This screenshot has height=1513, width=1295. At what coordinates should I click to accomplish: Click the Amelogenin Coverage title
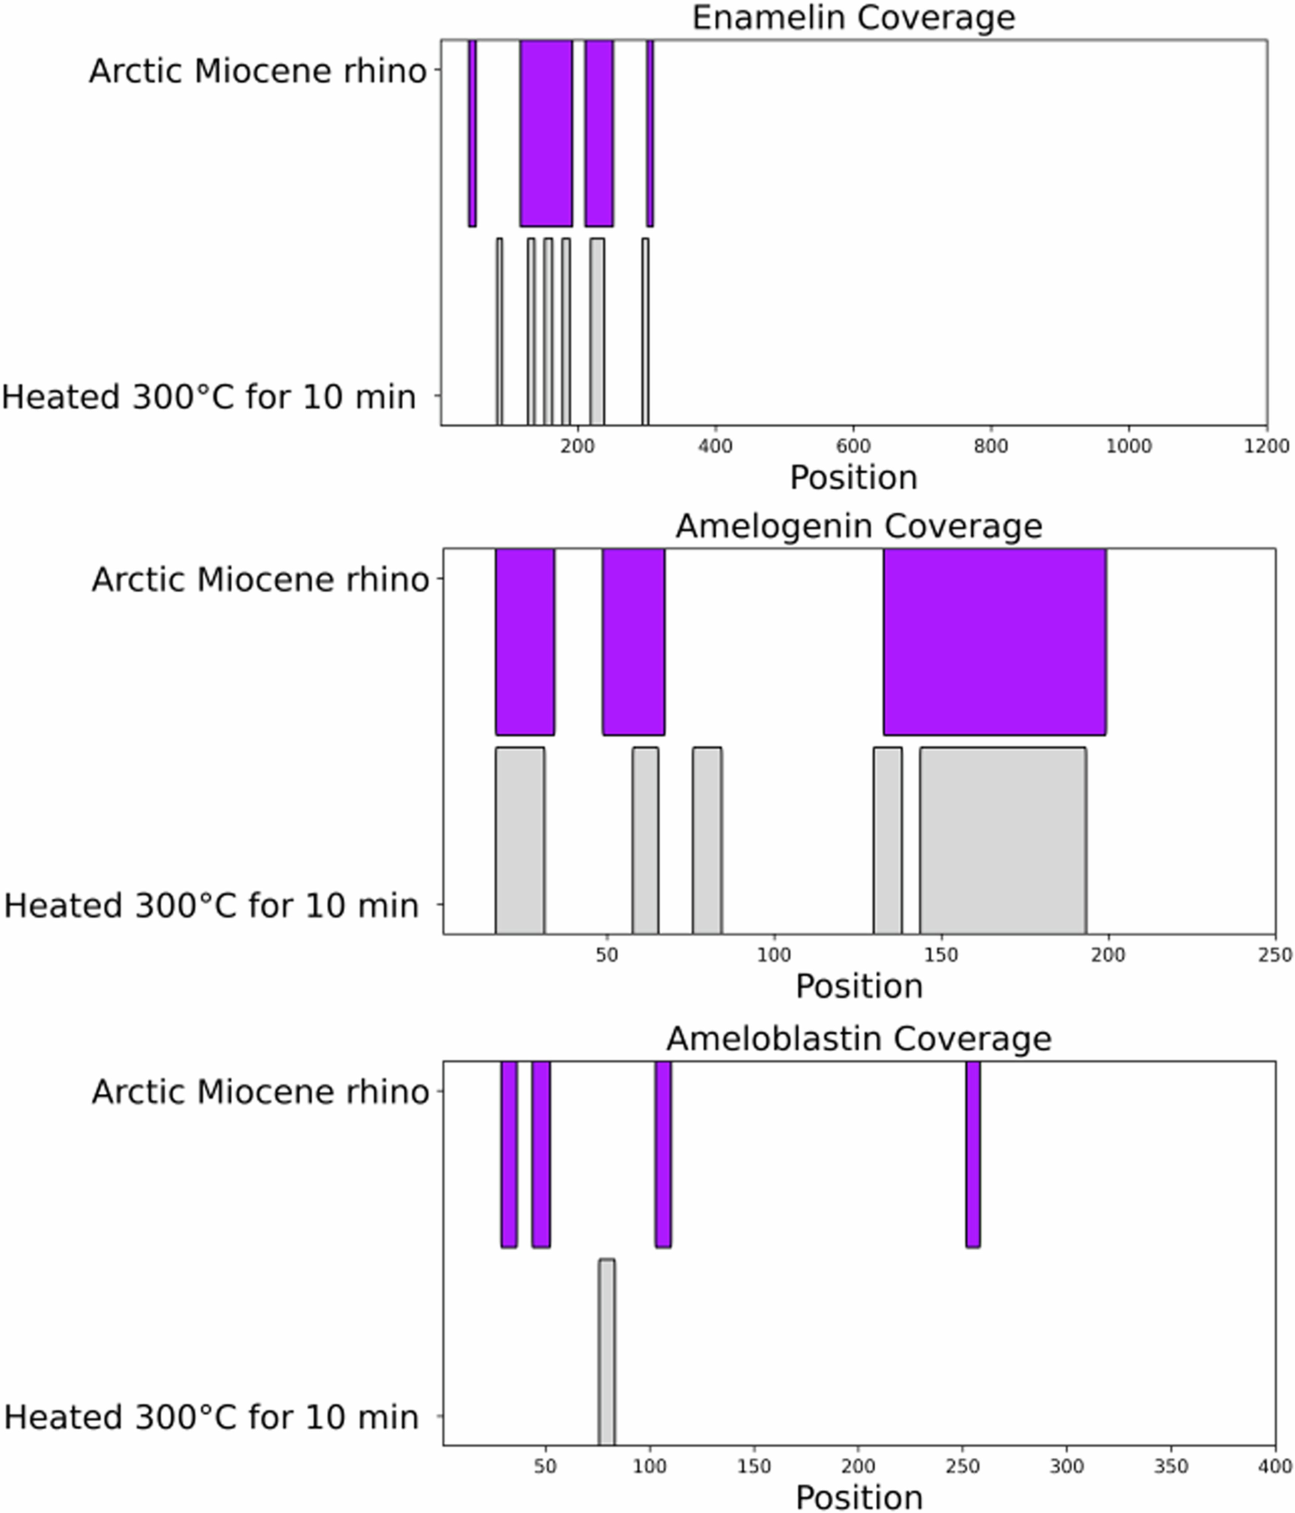click(x=858, y=527)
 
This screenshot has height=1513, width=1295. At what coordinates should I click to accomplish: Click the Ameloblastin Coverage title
click(x=858, y=1039)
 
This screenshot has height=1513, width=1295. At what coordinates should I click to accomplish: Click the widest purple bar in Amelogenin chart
click(x=994, y=642)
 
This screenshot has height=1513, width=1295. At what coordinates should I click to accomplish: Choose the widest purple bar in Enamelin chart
click(x=546, y=133)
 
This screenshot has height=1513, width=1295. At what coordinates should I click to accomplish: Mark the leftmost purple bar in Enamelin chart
click(x=472, y=133)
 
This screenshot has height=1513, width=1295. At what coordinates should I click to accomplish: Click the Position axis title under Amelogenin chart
click(x=858, y=986)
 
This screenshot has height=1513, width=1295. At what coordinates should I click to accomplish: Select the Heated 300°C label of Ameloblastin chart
click(x=211, y=1417)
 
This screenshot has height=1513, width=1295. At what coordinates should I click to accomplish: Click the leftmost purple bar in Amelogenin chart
click(x=525, y=642)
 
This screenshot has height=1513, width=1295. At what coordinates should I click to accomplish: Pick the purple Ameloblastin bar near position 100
click(x=663, y=1154)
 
